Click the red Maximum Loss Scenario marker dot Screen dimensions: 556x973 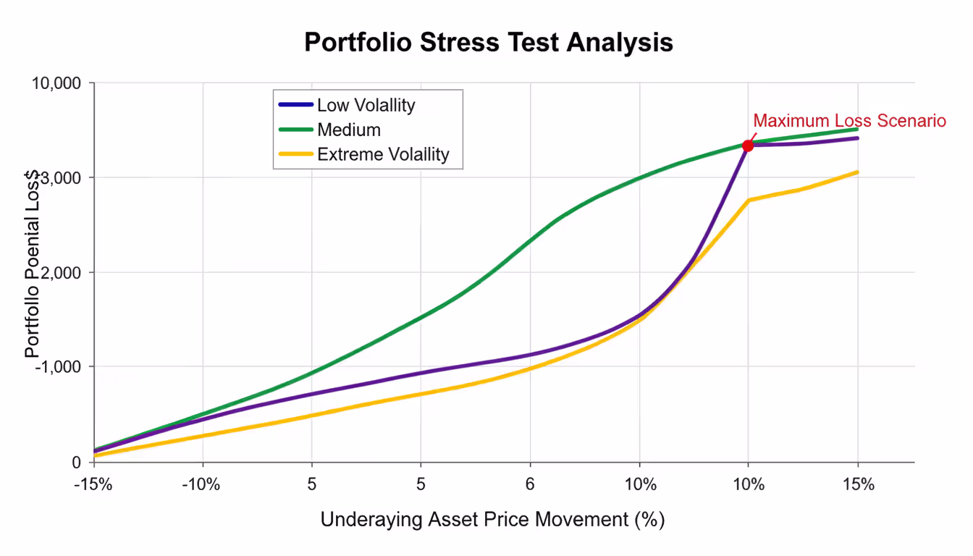748,146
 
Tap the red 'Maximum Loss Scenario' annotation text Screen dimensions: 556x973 849,121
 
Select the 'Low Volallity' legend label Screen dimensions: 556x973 366,105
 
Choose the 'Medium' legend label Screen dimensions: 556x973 348,130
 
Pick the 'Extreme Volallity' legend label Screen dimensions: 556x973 383,154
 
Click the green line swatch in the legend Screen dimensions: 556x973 295,130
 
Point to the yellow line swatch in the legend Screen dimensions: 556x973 295,154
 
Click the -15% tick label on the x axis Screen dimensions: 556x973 93,484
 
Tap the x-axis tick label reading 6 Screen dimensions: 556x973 530,484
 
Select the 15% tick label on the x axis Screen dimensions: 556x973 858,484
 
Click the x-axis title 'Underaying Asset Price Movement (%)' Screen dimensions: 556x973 492,519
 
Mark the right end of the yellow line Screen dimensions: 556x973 858,172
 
